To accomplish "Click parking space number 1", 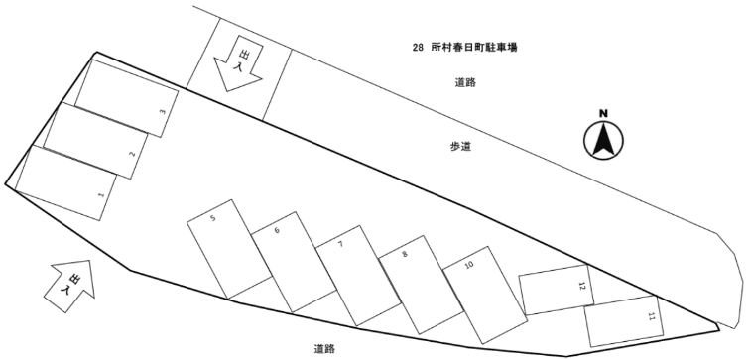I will pyautogui.click(x=67, y=182).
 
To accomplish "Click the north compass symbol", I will pyautogui.click(x=601, y=140).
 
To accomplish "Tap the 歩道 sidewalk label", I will pyautogui.click(x=459, y=147).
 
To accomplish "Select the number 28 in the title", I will pyautogui.click(x=418, y=47).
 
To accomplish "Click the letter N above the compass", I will pyautogui.click(x=601, y=114).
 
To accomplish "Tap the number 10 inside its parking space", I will pyautogui.click(x=469, y=266).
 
